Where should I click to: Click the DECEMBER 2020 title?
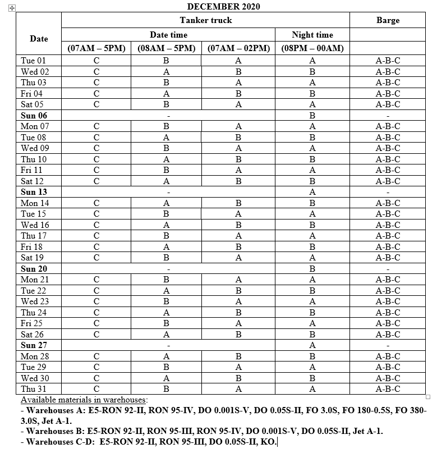[x=223, y=6]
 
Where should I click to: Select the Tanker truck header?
[x=205, y=20]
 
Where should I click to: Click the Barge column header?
[x=388, y=20]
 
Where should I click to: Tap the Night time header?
[x=312, y=35]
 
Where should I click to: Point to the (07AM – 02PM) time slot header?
[x=238, y=48]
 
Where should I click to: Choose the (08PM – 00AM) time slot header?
[x=312, y=48]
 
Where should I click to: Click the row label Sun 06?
[x=34, y=116]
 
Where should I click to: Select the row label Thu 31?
[x=34, y=389]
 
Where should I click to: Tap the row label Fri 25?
[x=32, y=323]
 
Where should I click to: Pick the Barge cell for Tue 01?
[x=388, y=61]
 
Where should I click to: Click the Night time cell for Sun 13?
[x=312, y=192]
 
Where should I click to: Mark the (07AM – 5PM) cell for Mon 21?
[x=96, y=280]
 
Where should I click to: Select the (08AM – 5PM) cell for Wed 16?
[x=166, y=225]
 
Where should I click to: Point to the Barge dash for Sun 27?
[x=388, y=345]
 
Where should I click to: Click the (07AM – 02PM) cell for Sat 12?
[x=238, y=181]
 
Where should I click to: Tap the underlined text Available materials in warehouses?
[x=84, y=400]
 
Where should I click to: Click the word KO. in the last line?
[x=268, y=441]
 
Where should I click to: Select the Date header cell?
[x=39, y=39]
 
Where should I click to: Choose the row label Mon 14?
[x=34, y=203]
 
